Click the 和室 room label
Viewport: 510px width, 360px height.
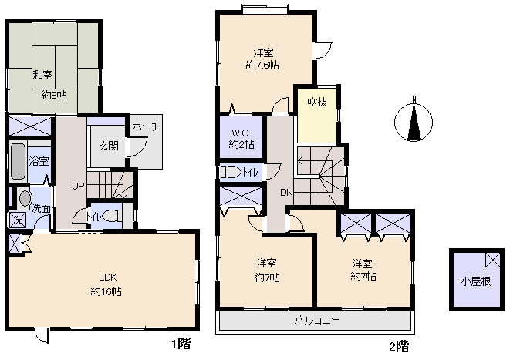point(42,75)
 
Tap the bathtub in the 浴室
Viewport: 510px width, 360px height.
point(18,162)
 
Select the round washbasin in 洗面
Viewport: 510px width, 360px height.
point(25,198)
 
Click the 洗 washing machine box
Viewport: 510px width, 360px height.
point(18,220)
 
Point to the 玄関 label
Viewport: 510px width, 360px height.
point(109,146)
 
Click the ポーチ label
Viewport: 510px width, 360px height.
point(146,126)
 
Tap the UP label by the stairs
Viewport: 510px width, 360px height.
point(78,187)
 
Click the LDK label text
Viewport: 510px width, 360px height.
point(108,278)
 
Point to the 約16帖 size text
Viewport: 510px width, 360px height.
point(106,291)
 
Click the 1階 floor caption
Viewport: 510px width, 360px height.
point(181,344)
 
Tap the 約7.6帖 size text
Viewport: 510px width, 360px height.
point(262,65)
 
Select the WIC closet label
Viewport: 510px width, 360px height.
point(241,133)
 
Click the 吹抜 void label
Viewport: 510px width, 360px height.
point(317,102)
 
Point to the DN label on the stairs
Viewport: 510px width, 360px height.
point(286,193)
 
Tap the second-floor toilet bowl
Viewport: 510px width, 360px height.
point(230,172)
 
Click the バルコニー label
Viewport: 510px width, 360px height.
point(317,321)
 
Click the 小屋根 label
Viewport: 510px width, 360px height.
point(476,281)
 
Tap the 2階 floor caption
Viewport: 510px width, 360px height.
point(400,346)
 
